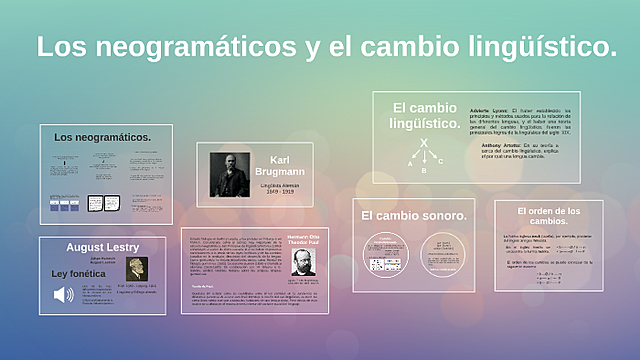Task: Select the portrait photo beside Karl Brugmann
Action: [x=229, y=173]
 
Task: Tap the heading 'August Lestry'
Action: [x=102, y=246]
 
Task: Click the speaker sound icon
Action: [x=64, y=294]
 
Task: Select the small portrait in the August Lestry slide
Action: [x=136, y=269]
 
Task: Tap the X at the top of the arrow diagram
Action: [x=424, y=143]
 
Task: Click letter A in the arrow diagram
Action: [x=409, y=162]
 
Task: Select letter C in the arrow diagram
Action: [x=440, y=160]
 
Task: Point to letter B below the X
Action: [x=424, y=171]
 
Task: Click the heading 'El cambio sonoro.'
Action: [x=414, y=215]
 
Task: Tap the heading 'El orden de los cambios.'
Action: [x=548, y=216]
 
